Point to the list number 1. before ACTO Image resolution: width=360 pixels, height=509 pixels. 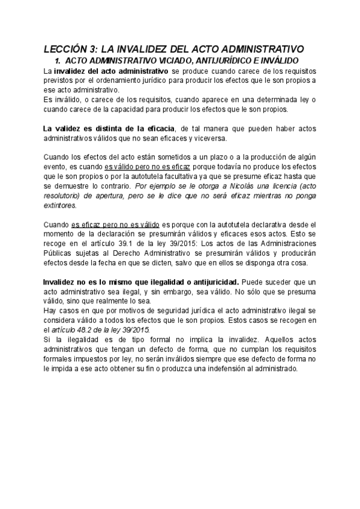coord(58,61)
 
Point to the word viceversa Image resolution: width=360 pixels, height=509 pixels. coord(210,138)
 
